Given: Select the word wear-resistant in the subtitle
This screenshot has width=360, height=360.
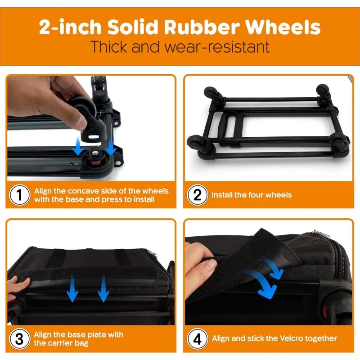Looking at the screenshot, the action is coord(217,47).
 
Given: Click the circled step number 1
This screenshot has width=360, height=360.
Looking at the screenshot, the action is coord(19,195).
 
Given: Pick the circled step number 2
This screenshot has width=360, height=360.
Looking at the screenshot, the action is coord(198,195).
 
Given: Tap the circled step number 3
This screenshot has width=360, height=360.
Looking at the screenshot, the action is coord(19,339).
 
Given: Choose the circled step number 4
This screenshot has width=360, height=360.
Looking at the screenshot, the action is coord(198,339).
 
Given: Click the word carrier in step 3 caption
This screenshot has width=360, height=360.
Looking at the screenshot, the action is coord(57,343).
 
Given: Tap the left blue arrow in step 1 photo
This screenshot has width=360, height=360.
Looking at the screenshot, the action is coord(78,145).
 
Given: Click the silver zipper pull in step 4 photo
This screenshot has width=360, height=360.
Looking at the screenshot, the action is coord(320,233).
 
